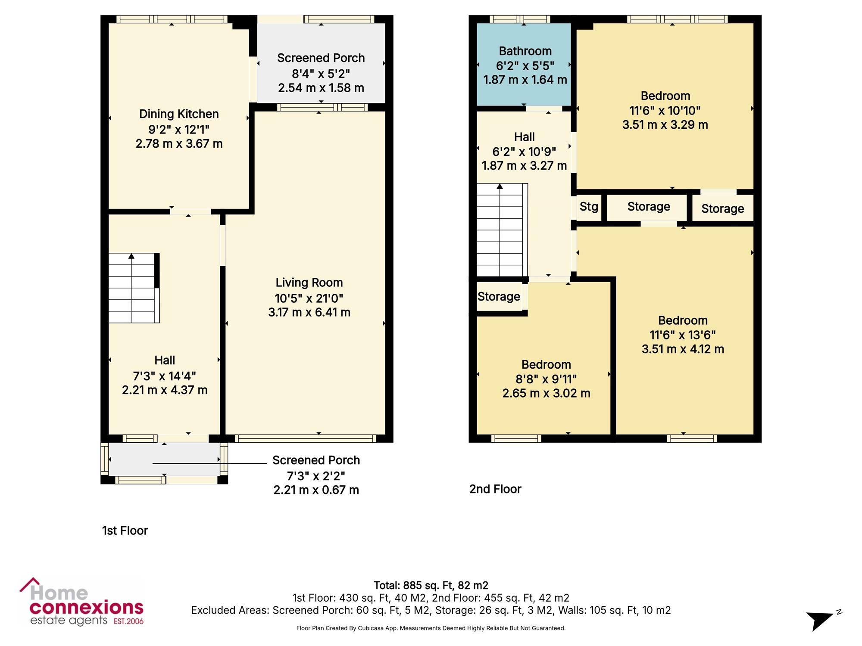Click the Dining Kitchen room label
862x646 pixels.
coord(179,114)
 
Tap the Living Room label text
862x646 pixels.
coord(309,283)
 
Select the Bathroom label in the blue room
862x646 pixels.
coord(525,51)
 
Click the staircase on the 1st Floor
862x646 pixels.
coord(134,288)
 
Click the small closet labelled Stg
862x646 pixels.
coord(589,207)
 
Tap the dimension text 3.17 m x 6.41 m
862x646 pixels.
coord(309,312)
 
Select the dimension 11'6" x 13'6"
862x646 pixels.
coord(683,335)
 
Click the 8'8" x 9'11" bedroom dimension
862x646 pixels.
coord(546,379)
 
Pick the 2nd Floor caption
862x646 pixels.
coord(495,489)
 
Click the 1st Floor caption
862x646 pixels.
coord(125,531)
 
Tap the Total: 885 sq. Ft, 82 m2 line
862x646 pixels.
coord(431,586)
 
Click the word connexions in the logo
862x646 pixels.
coord(86,608)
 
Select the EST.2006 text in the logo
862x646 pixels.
coord(128,621)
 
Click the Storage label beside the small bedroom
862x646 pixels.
coord(499,297)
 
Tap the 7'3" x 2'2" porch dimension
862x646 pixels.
coord(316,476)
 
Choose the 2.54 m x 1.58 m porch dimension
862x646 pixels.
coord(321,88)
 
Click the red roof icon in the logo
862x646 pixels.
coord(29,585)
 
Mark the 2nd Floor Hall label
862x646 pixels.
coord(524,137)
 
